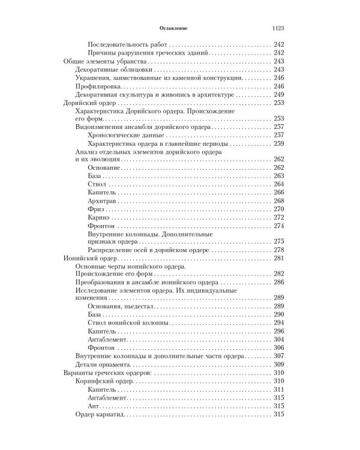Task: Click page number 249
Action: coord(278,95)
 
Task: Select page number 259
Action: coord(278,143)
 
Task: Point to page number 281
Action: coord(278,257)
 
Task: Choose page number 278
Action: coord(278,249)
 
